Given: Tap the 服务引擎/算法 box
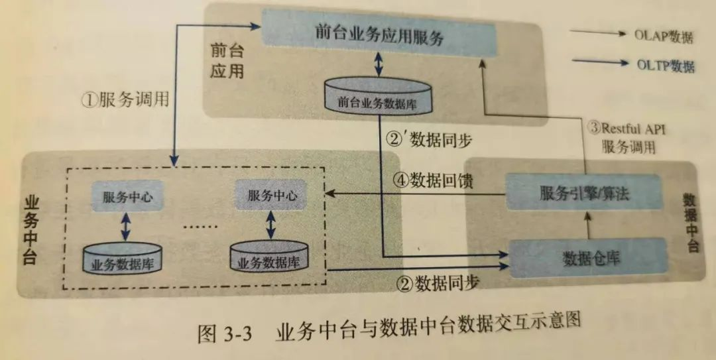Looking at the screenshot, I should [583, 192].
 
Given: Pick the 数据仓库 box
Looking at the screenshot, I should [587, 257].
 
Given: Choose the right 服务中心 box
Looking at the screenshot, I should [271, 196].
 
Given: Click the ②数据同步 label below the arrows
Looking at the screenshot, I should [438, 284].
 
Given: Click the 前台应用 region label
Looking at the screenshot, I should [227, 60].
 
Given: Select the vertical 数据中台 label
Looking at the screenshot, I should [691, 223].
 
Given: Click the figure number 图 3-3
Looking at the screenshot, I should [225, 333].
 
